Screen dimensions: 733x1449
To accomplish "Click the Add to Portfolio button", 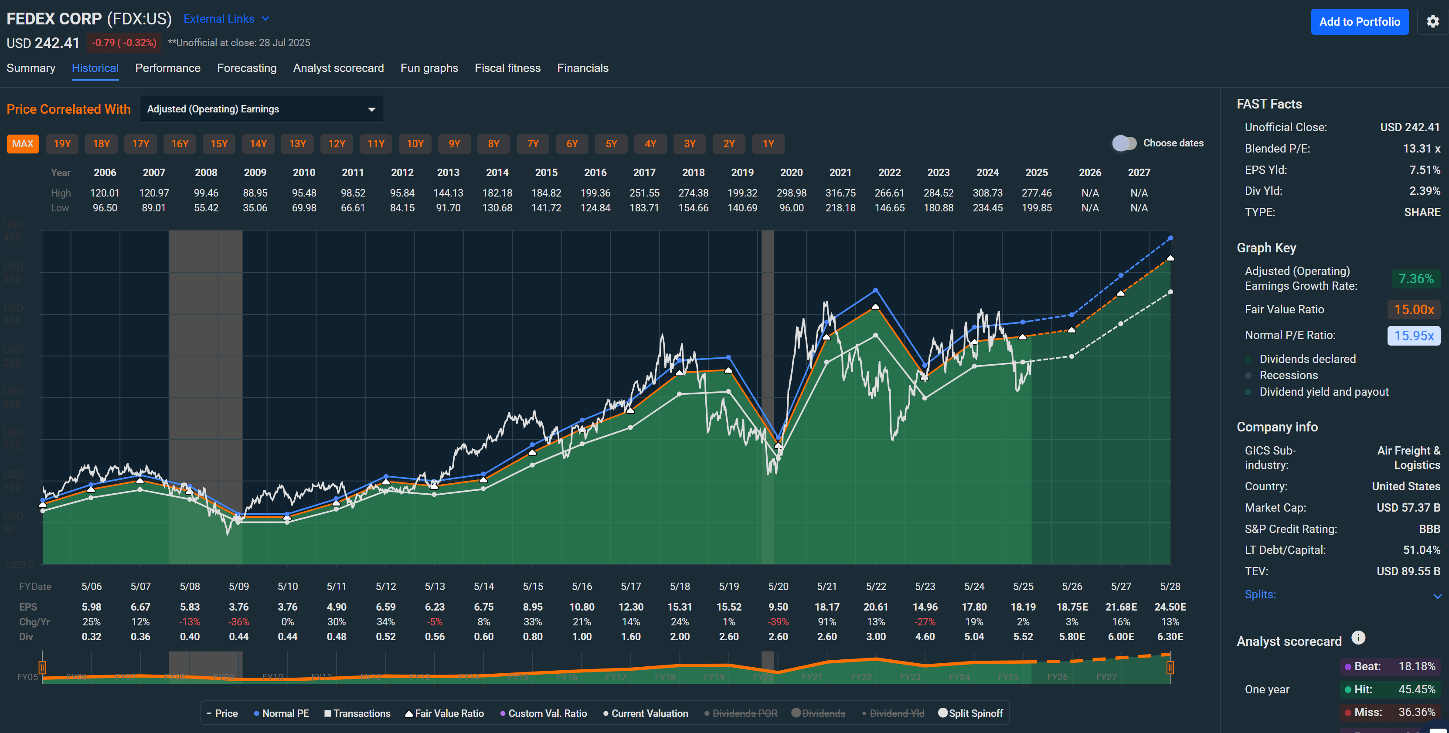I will point(1359,22).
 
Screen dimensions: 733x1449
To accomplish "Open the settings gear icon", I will point(1433,22).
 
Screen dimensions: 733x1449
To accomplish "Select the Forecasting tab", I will point(246,68).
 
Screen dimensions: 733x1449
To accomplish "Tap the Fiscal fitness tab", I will point(507,68).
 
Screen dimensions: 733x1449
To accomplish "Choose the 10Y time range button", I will point(415,144).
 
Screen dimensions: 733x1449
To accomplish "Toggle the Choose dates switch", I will point(1124,143).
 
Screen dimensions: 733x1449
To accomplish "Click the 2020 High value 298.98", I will point(791,193).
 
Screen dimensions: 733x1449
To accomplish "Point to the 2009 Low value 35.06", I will point(255,208).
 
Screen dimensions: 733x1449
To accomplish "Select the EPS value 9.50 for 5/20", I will point(778,607).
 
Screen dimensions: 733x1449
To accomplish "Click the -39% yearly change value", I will point(778,621).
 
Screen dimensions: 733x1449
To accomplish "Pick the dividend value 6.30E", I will point(1170,637).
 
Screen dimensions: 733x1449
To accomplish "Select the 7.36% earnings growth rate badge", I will point(1415,279).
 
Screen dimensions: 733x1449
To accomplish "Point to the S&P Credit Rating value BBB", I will point(1429,529).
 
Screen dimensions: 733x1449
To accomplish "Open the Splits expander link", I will point(1260,594).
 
